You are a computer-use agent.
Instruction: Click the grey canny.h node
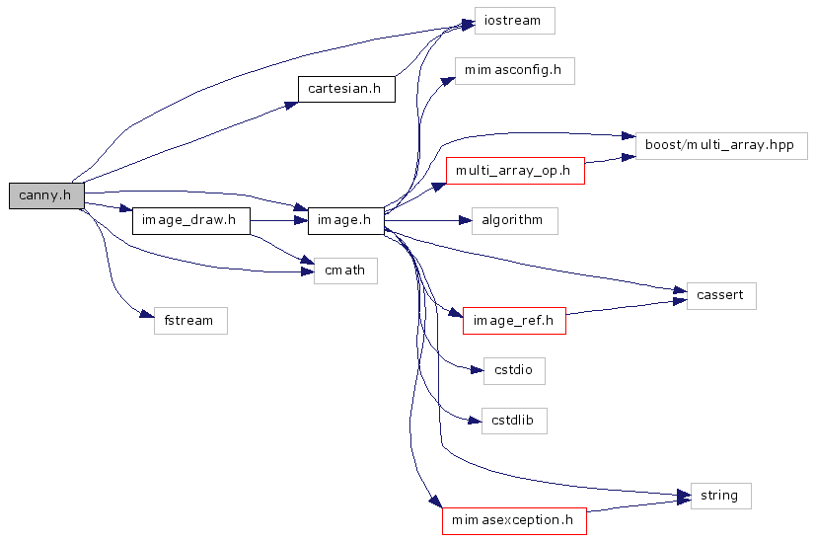(x=46, y=195)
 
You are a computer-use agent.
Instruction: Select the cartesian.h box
(x=345, y=89)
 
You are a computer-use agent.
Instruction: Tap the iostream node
(x=514, y=21)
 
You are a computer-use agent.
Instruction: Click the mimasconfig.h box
(x=513, y=70)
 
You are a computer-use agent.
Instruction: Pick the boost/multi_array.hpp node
(x=721, y=145)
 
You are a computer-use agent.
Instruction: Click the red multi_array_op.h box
(x=515, y=170)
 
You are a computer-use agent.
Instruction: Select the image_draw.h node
(x=190, y=220)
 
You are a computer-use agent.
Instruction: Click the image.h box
(x=345, y=220)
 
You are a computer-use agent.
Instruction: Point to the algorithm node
(x=514, y=220)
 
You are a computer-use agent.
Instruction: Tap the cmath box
(x=345, y=270)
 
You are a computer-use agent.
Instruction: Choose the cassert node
(x=721, y=295)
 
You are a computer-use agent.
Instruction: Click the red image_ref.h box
(x=514, y=320)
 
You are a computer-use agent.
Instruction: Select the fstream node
(x=190, y=320)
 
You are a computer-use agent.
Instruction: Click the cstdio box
(x=514, y=371)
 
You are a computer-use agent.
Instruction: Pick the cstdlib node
(x=514, y=421)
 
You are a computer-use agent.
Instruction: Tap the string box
(x=719, y=495)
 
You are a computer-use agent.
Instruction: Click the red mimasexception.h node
(x=514, y=519)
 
